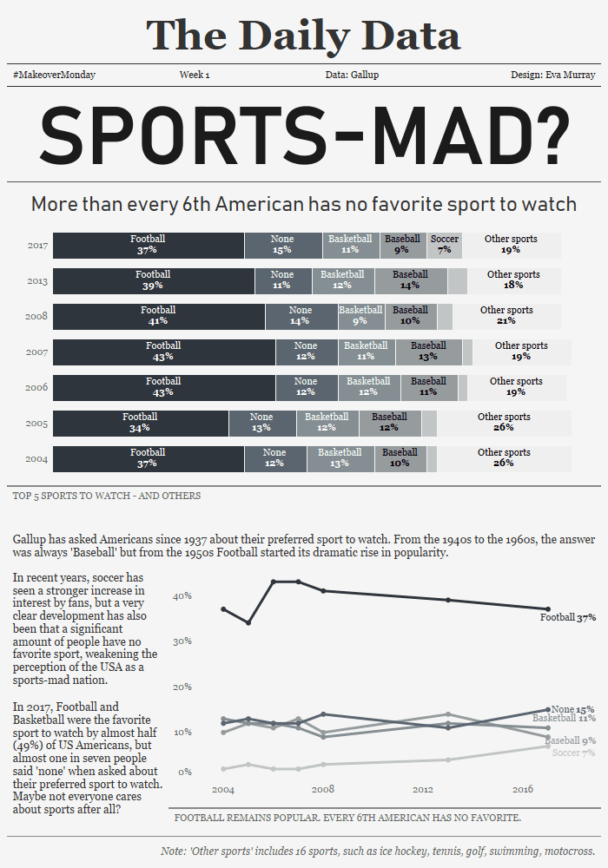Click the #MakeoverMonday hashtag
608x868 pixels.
coord(54,76)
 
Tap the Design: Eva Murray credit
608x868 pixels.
coord(553,76)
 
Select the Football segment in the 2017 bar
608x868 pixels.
coord(148,246)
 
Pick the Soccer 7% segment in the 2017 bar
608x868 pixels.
coord(444,246)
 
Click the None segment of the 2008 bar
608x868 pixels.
coord(301,316)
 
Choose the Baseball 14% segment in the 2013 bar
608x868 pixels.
coord(410,280)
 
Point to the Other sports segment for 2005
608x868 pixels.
coord(504,423)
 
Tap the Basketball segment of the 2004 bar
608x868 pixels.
coord(339,458)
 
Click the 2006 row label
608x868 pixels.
coord(36,388)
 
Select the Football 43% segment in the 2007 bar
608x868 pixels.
coord(163,352)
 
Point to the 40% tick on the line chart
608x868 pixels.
coord(182,596)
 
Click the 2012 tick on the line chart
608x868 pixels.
coord(423,790)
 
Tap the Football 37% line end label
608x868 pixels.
coord(567,618)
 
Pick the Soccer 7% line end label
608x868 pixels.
coord(573,753)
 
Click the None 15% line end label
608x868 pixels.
coord(573,709)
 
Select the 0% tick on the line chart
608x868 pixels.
coord(185,772)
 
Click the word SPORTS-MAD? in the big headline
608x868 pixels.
coord(303,136)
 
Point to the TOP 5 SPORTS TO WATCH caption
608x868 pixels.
coord(107,496)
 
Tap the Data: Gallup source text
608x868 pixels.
coord(352,76)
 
